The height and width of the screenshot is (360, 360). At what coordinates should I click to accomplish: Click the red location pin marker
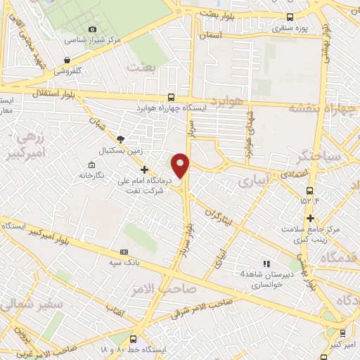[181, 165]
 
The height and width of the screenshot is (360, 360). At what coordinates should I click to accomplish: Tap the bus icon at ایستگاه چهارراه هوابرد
[172, 98]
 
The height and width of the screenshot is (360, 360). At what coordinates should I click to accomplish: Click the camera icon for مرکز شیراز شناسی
[93, 29]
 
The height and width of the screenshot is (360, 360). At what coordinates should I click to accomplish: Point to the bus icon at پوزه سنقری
[290, 17]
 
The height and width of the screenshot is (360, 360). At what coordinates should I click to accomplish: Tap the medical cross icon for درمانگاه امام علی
[144, 169]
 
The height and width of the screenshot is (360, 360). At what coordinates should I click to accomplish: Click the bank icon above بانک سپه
[124, 252]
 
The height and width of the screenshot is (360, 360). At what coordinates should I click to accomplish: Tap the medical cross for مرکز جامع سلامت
[309, 218]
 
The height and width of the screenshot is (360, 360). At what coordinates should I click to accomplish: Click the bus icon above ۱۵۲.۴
[309, 190]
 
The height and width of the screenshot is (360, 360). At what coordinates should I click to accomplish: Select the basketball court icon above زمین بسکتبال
[120, 140]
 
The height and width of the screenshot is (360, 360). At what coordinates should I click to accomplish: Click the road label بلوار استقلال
[53, 92]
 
